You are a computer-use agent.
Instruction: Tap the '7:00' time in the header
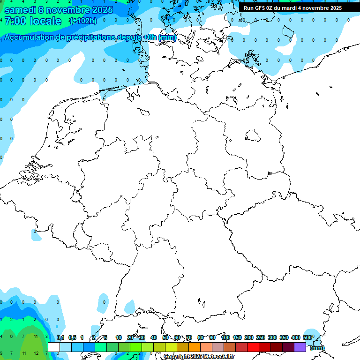tap(15, 21)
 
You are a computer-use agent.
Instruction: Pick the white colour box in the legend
tap(53, 347)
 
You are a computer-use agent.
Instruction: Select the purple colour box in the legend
tap(300, 347)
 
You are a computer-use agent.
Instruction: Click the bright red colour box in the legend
tap(253, 347)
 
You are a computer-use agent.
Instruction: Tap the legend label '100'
tap(225, 337)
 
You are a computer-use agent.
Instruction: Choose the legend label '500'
tap(307, 337)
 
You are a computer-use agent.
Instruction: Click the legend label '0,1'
tap(60, 337)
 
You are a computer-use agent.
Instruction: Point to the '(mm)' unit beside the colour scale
tap(317, 348)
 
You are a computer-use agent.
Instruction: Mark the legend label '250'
tap(261, 337)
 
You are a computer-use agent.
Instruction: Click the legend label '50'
tap(165, 337)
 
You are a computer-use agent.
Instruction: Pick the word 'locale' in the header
tap(45, 21)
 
